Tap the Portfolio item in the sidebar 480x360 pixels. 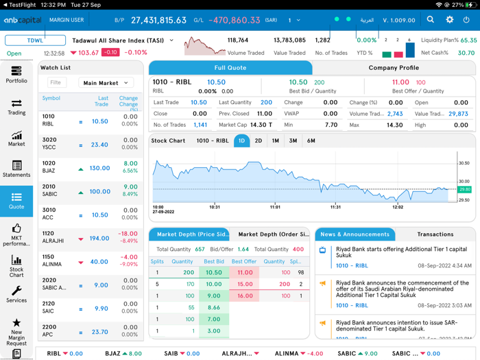16,75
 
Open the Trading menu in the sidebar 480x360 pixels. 16,106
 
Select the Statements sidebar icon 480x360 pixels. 16,169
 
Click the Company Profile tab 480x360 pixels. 394,68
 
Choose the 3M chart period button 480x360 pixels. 293,141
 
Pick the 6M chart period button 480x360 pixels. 311,141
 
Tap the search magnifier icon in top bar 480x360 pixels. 431,20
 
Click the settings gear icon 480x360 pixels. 449,20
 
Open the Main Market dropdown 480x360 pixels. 106,83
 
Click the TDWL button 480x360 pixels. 35,40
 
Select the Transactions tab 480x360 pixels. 435,235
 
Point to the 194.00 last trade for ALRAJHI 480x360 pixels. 99,239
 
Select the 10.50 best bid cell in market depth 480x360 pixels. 214,272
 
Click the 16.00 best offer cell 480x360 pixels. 245,296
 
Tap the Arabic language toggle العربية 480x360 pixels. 367,21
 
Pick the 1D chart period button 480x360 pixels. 241,141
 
